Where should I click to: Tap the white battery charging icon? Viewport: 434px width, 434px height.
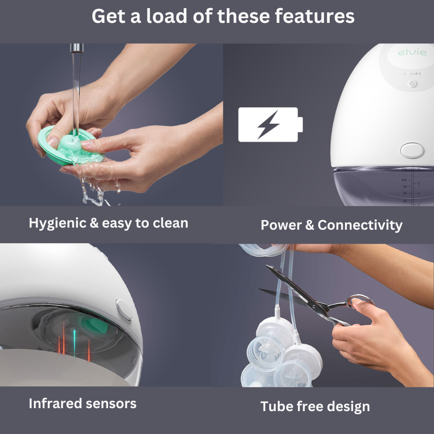[x=270, y=125]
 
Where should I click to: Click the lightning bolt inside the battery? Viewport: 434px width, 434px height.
[x=268, y=125]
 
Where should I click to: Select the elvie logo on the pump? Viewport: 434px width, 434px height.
[x=406, y=53]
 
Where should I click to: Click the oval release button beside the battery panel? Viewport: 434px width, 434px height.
[x=412, y=150]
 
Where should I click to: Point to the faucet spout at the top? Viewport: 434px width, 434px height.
[x=77, y=48]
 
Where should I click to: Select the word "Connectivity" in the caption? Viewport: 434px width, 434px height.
[x=360, y=225]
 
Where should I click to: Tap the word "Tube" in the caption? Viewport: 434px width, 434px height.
[x=276, y=406]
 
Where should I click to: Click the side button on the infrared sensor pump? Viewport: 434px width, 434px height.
[x=124, y=309]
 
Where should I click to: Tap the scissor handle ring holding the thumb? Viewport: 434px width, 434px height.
[x=360, y=302]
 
